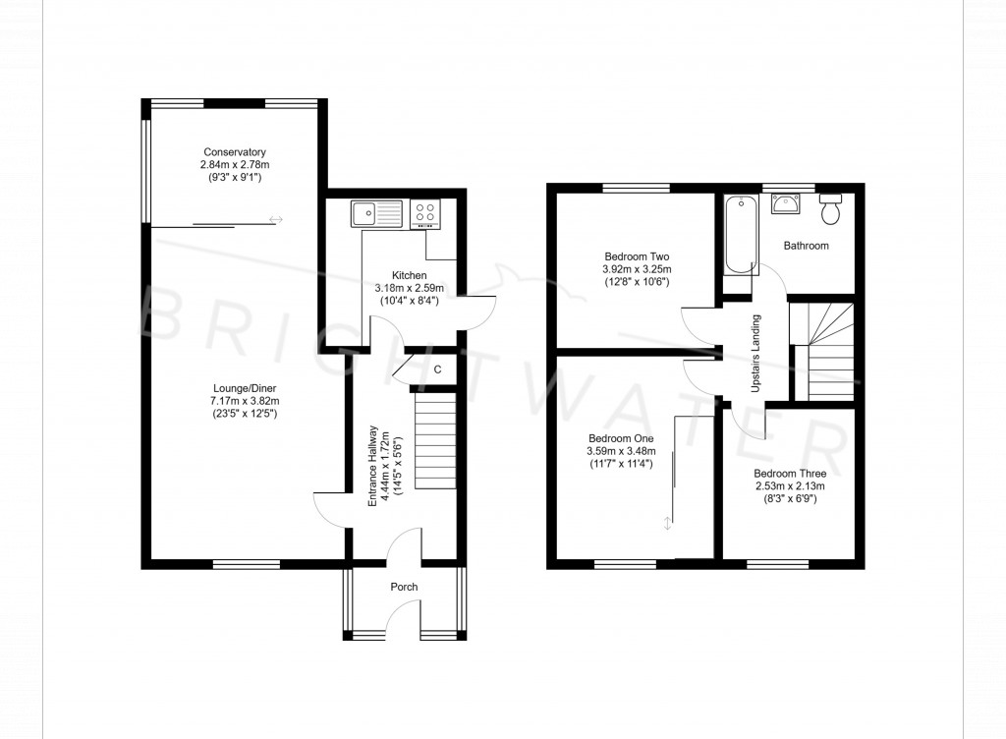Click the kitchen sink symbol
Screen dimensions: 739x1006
[x=377, y=210]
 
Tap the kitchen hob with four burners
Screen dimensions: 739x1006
[x=426, y=212]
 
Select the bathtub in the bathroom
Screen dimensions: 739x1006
[x=738, y=234]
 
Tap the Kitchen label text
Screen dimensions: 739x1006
[x=408, y=275]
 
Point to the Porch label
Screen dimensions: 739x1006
[x=404, y=587]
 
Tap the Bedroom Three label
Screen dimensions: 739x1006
[x=790, y=473]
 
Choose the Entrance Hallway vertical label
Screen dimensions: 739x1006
[x=372, y=465]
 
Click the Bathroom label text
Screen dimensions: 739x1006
[x=806, y=246]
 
